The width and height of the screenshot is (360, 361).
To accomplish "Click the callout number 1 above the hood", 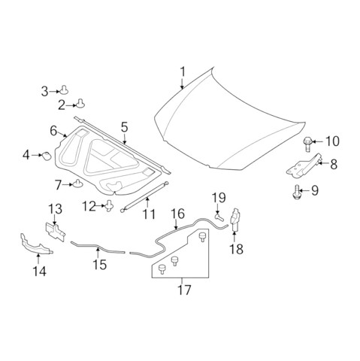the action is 183,71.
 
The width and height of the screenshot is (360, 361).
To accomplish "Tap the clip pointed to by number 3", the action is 64,89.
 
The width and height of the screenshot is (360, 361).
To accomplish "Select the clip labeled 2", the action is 80,103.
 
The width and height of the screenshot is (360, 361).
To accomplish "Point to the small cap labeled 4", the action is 47,156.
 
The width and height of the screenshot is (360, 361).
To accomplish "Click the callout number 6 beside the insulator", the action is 53,131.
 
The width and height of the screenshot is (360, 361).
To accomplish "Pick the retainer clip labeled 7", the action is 77,184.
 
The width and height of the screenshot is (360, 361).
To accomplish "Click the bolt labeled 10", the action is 307,144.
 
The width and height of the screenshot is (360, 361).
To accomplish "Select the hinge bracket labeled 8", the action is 304,165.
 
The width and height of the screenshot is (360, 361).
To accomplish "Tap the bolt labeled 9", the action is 296,192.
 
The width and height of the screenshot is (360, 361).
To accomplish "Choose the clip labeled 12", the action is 109,205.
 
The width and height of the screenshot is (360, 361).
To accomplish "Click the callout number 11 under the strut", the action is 149,214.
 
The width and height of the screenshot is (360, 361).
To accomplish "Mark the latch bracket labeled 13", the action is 56,232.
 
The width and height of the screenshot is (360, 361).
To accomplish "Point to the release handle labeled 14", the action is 35,244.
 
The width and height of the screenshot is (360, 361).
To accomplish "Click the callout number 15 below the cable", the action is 100,265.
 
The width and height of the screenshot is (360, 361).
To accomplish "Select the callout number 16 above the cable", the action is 177,214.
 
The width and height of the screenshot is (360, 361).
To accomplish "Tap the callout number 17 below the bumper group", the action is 184,290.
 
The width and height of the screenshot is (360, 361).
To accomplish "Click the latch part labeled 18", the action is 235,220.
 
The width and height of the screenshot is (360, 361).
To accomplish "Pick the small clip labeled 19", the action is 219,217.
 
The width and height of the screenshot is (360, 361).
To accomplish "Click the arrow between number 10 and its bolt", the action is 317,141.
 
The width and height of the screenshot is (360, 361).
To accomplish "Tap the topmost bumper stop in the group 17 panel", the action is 202,237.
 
